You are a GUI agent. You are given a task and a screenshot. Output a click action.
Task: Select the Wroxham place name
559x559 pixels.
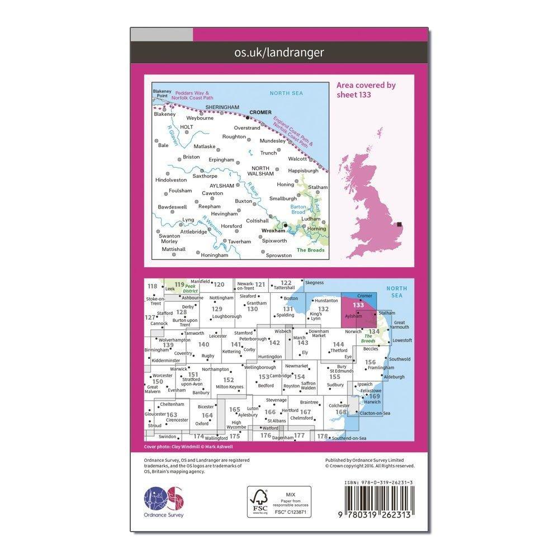point(272,229)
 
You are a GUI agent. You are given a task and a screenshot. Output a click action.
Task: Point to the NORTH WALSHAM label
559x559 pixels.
point(260,171)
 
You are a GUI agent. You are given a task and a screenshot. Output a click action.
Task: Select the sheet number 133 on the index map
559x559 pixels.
point(358,305)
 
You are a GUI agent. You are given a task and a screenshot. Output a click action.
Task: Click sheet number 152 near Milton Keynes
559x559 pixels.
point(229,380)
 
